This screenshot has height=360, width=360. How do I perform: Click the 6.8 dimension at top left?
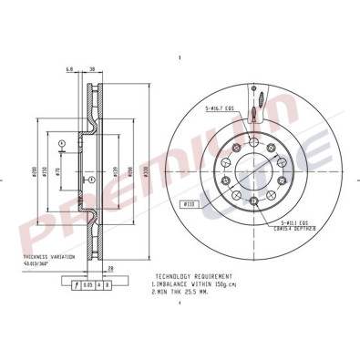(69, 69)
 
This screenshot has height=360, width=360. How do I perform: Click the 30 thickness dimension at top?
(94, 69)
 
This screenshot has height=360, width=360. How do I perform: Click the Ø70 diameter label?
(57, 173)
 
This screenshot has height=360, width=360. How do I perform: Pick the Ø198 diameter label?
(131, 173)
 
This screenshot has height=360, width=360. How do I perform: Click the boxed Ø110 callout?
(190, 203)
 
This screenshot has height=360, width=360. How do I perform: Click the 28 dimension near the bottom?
(109, 269)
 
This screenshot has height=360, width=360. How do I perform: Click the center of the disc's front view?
(250, 171)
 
